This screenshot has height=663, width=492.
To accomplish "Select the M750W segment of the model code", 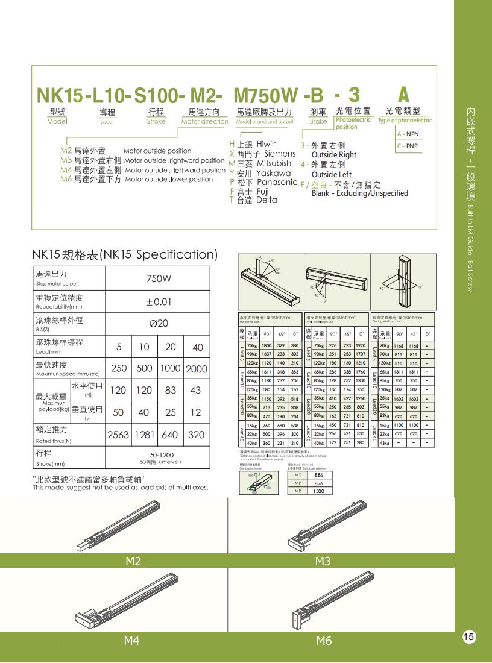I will coord(265,95).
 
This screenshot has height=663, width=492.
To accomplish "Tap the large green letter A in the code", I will coord(403,94).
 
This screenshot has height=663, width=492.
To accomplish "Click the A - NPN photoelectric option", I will coord(408,134).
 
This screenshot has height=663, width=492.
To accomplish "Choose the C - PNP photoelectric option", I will coord(408,146).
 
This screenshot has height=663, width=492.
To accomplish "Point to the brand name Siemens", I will coord(280,154).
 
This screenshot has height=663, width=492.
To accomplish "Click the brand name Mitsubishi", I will coord(274,163).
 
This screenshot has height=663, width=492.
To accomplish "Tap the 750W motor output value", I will coord(159,279).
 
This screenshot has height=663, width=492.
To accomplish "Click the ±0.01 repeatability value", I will coord(159,301).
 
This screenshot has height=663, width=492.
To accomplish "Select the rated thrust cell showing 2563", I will coord(118,435).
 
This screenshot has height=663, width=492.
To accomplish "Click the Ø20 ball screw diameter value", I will coord(159,324).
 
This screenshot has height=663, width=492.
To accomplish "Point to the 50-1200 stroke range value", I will coord(158,456).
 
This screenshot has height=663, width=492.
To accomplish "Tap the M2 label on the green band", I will coord(133,561).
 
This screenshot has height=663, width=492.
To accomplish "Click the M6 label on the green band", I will coord(324,641).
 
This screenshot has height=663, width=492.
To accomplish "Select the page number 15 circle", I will coord(469,636).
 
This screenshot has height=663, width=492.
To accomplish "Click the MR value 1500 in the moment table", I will coord(318,491).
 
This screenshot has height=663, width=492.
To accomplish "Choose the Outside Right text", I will coord(333,154).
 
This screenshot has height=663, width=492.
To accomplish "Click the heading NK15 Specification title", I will coord(124,254).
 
